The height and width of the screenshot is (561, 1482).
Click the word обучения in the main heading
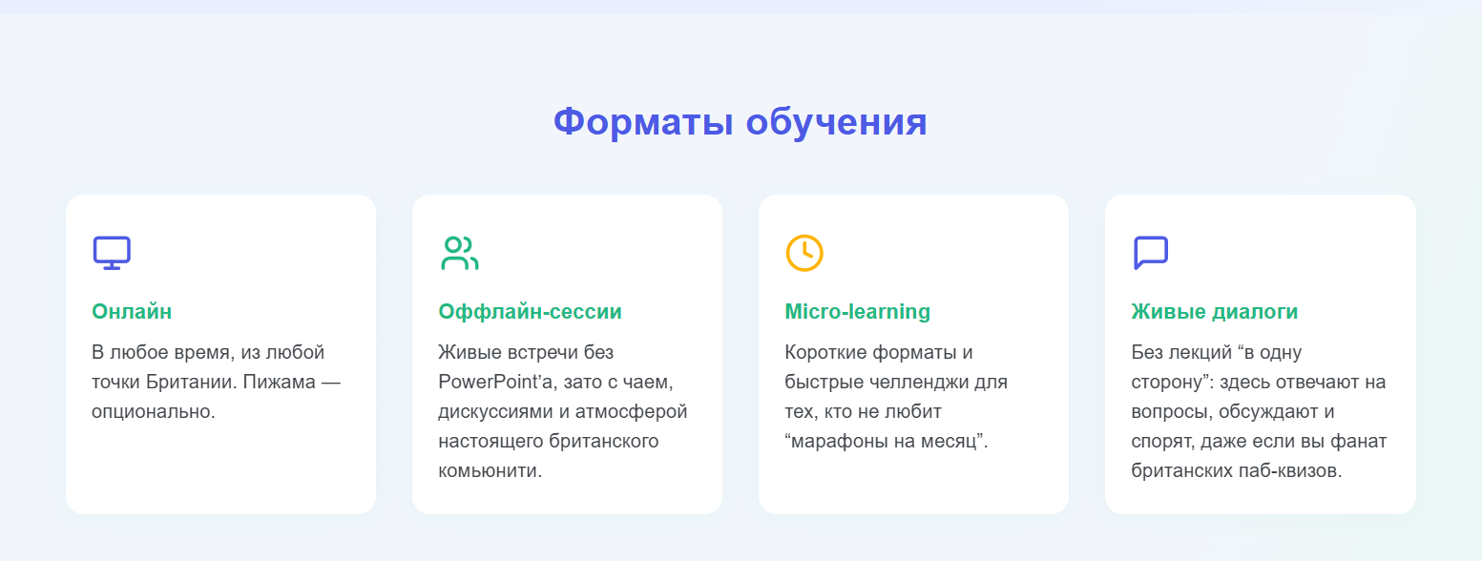click(x=836, y=122)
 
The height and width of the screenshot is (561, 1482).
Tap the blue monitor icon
click(x=112, y=253)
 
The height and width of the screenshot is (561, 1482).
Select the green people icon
click(x=460, y=253)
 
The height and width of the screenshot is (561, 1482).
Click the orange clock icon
click(x=804, y=253)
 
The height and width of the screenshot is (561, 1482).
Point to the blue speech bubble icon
click(x=1151, y=253)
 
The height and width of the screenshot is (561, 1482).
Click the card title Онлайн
click(x=132, y=312)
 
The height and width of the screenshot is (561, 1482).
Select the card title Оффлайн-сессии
click(x=530, y=312)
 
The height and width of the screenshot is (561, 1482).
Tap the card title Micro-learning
click(x=858, y=312)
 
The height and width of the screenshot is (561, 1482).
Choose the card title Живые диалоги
click(x=1215, y=312)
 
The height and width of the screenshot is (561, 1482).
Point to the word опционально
click(x=154, y=411)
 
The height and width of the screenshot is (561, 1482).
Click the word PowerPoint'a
click(x=495, y=382)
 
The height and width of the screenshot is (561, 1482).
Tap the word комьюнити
click(x=490, y=471)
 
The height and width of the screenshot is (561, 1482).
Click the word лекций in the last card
click(x=1198, y=353)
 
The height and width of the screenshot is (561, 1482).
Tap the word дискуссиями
click(x=495, y=411)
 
